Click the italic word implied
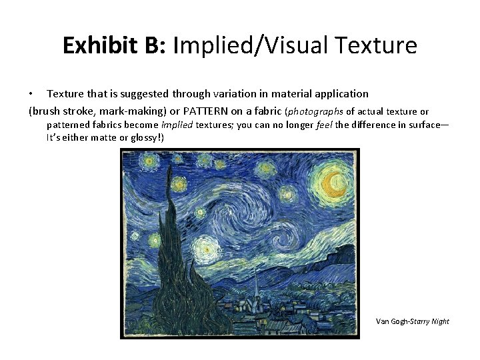coord(178,125)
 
